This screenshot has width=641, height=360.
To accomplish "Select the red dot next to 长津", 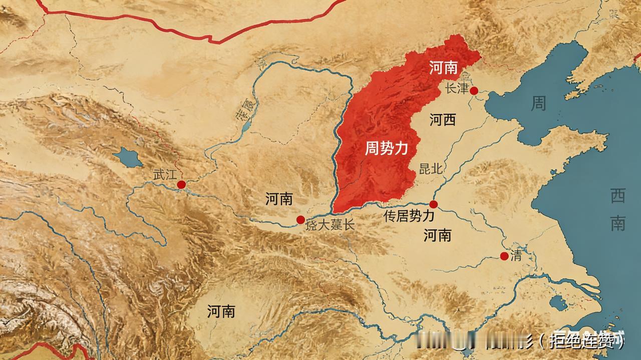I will coord(474,91).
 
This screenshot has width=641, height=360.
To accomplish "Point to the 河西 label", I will coord(443,120).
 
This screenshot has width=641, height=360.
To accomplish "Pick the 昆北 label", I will coord(431,169).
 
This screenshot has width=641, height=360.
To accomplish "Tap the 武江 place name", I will coord(165,175).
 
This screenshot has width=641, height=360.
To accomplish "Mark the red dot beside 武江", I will coord(181,185).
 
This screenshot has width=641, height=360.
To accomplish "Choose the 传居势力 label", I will coord(408,216).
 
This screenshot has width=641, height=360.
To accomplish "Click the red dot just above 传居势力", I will coord(434,204).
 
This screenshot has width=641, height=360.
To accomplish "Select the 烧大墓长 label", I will coord(330,225).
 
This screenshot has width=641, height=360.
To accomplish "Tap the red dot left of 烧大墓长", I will coord(300,219).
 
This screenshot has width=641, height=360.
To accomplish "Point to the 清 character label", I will coord(516,257).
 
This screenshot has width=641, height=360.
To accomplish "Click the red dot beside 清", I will coord(504,256).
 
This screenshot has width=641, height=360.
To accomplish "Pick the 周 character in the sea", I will coord(538,104).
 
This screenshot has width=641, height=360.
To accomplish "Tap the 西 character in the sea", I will coord(617,197).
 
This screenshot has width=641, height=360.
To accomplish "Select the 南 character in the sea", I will coord(617,223).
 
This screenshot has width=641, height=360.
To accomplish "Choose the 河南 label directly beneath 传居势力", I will coord(437,235).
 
